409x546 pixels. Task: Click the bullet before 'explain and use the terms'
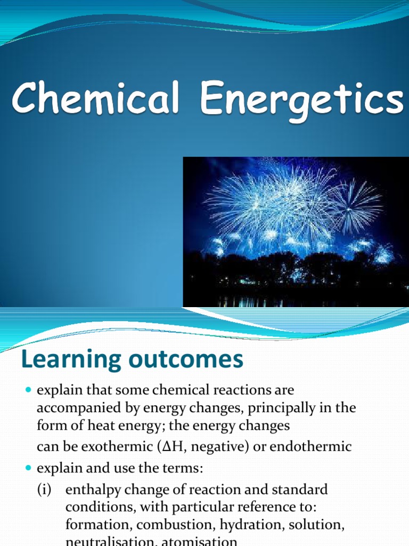point(29,469)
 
